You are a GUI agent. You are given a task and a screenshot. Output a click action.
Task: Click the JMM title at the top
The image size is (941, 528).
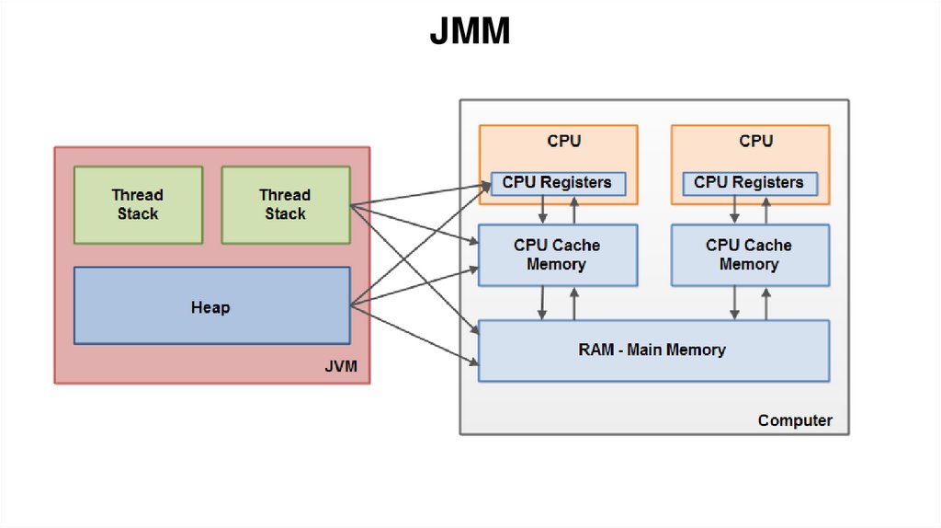click(469, 32)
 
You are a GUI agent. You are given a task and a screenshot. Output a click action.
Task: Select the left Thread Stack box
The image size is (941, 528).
click(138, 204)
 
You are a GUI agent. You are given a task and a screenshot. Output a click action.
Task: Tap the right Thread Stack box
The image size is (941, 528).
click(285, 204)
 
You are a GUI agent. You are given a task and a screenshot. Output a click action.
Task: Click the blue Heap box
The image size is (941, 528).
click(211, 305)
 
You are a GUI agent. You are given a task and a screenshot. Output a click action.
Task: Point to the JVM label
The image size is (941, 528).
click(341, 369)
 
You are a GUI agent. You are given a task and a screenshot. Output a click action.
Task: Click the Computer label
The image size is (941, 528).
click(795, 420)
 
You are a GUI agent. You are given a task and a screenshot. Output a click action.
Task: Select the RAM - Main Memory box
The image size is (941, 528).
click(653, 350)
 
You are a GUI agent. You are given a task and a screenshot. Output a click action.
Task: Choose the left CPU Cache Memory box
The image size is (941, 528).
click(557, 255)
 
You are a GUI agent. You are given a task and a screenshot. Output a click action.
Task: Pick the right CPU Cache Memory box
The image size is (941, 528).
click(749, 255)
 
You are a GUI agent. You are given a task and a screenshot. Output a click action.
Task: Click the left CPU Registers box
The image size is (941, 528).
click(557, 183)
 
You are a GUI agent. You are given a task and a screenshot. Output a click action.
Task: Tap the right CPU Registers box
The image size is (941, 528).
click(749, 183)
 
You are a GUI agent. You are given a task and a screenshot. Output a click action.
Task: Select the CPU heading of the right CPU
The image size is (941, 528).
click(756, 142)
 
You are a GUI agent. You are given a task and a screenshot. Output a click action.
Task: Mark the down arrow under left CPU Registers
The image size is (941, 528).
click(543, 211)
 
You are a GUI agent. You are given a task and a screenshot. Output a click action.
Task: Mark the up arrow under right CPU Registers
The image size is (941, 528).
click(766, 211)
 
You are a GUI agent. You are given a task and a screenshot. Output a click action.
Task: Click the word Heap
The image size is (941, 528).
click(210, 307)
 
